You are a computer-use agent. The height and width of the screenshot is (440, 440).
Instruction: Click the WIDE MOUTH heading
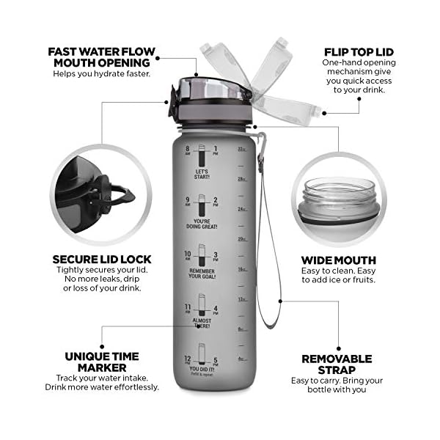tap(339, 260)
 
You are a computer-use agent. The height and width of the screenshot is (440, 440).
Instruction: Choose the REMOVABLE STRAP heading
tap(337, 364)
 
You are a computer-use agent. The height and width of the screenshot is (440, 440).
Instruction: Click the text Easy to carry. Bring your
tap(337, 380)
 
